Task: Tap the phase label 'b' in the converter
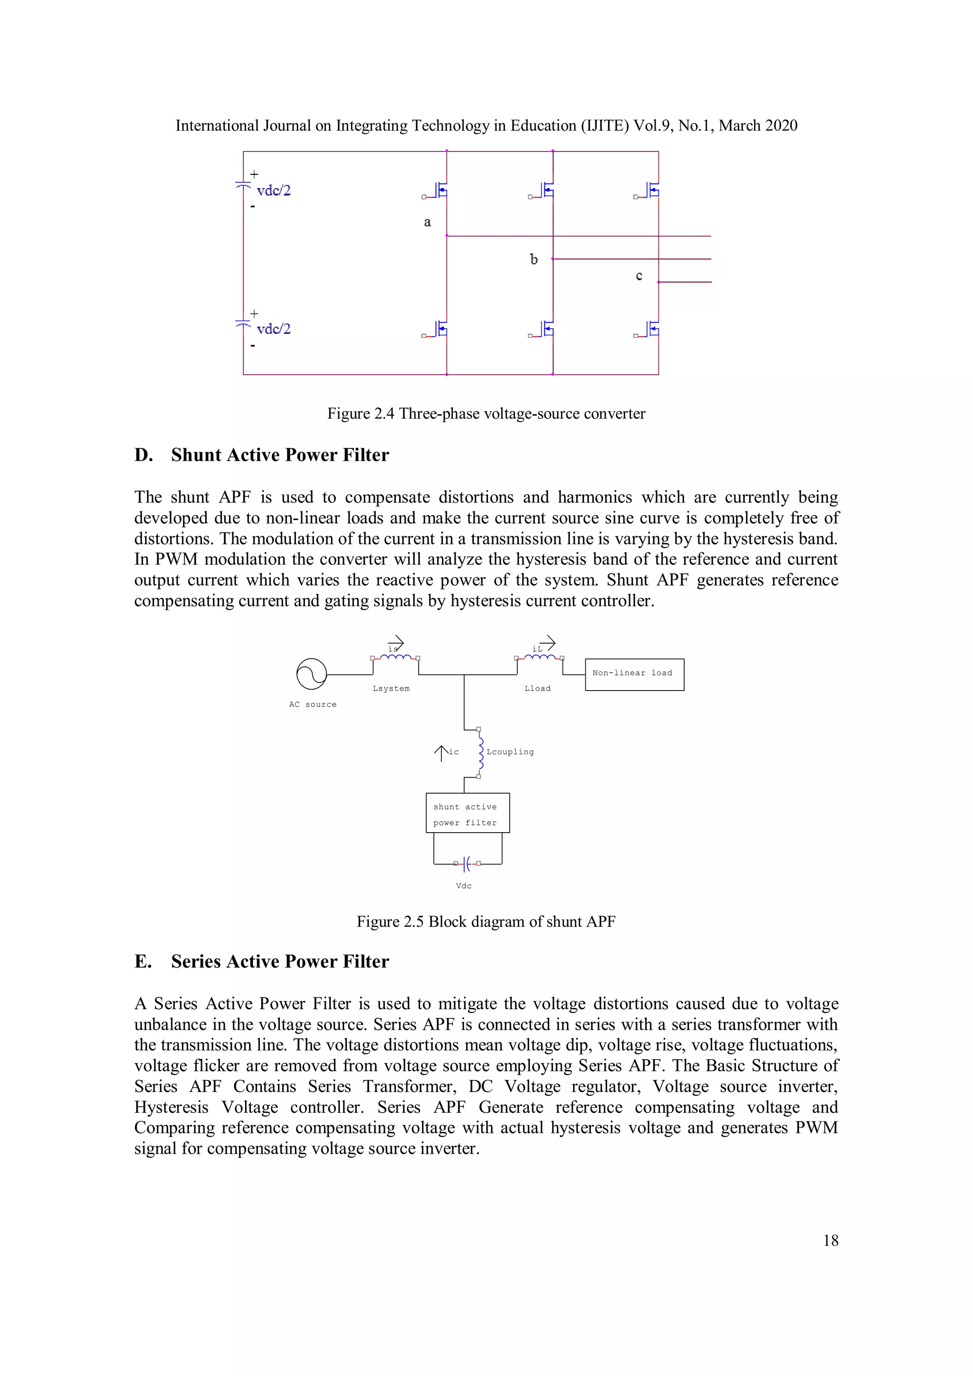(x=534, y=259)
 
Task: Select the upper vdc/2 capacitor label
(x=273, y=190)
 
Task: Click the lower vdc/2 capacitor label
(x=273, y=329)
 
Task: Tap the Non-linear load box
(x=634, y=674)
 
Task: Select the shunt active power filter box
(x=467, y=813)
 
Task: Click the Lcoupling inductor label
(x=510, y=752)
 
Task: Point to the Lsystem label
(x=391, y=689)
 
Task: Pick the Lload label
(x=537, y=689)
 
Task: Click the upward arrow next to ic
(x=441, y=753)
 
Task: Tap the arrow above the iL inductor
(x=548, y=643)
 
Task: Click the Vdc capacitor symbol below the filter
(x=467, y=864)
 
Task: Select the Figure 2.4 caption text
(x=486, y=414)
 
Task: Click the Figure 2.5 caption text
(x=486, y=922)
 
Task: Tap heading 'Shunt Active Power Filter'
(x=280, y=455)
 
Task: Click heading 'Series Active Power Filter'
(x=280, y=962)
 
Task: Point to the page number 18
(x=830, y=1241)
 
